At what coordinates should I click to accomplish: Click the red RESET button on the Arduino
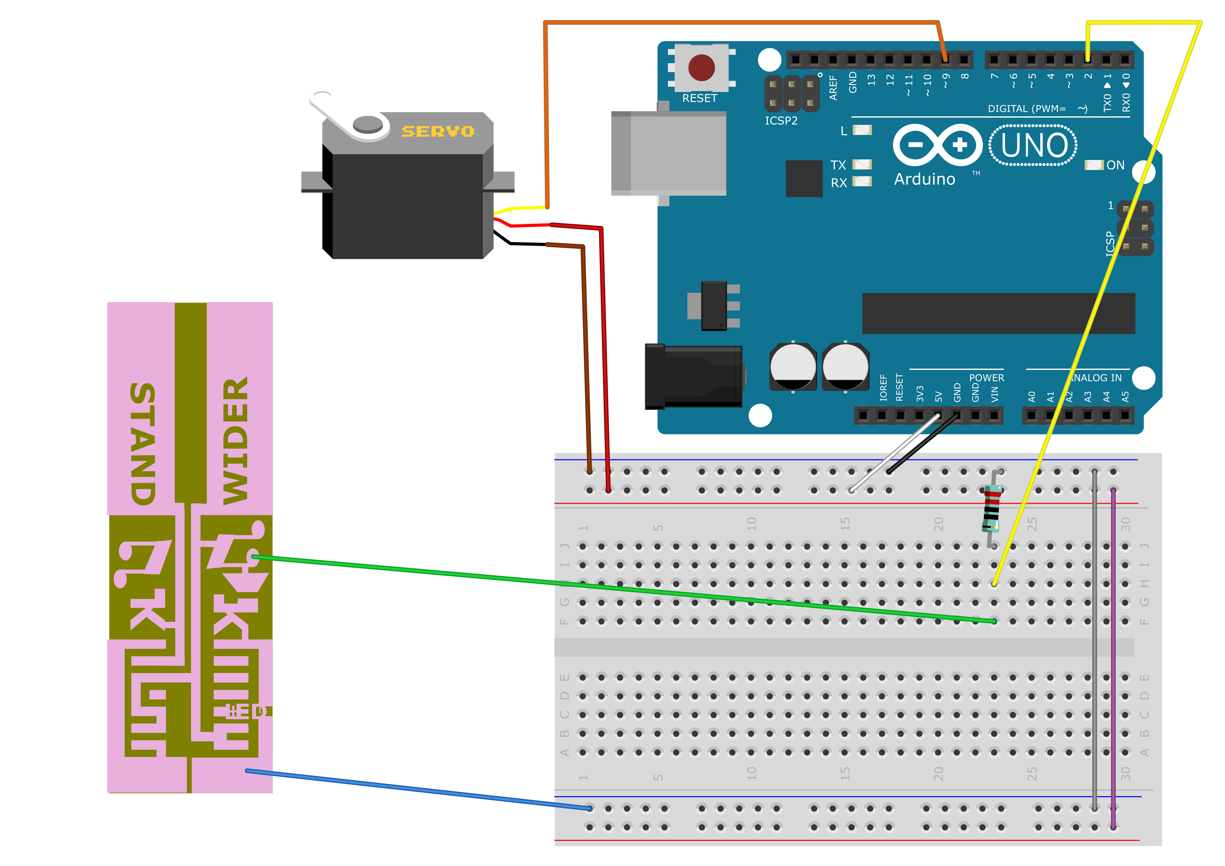point(701,68)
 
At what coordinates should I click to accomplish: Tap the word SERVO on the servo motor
point(438,131)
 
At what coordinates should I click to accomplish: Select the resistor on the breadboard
point(991,510)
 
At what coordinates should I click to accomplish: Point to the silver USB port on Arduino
point(668,153)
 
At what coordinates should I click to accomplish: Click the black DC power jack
point(692,377)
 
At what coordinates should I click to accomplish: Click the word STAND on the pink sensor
point(143,443)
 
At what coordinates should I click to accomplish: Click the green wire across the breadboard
point(587,584)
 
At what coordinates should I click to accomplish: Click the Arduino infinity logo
point(937,145)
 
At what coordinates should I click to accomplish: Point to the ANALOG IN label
point(1096,378)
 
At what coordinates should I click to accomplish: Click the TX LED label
point(838,165)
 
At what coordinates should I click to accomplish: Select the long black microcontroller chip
point(998,313)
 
